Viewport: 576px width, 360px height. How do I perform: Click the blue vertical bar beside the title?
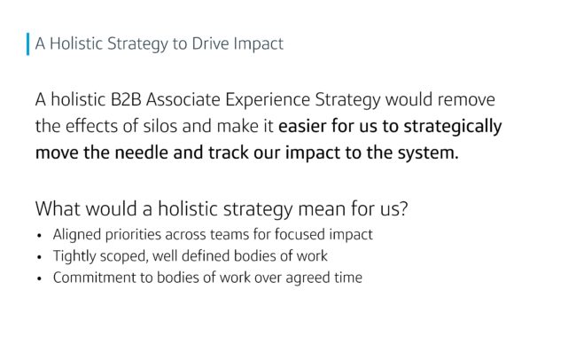pos(28,44)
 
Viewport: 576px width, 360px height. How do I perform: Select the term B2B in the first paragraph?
pos(126,99)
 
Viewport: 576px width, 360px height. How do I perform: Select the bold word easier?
pos(302,126)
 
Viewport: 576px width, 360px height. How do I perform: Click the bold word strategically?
pos(453,127)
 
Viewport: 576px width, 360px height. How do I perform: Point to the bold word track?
pos(229,153)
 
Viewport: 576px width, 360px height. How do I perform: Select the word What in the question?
pos(58,208)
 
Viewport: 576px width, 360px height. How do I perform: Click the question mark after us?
pos(404,208)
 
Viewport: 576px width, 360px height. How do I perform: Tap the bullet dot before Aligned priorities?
pos(40,236)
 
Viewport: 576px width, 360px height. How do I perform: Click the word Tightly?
pos(74,256)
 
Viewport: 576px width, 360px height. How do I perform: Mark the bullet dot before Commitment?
pos(40,278)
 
